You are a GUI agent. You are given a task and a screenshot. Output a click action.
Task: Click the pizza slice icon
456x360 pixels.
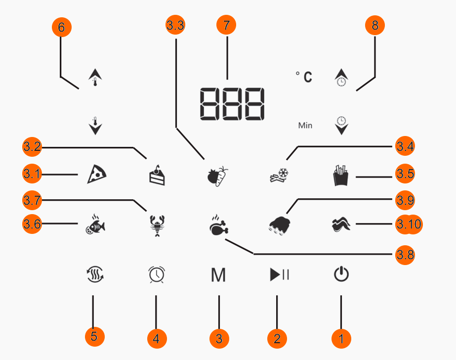tap(97, 174)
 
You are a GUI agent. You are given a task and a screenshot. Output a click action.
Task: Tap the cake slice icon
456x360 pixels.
tap(157, 175)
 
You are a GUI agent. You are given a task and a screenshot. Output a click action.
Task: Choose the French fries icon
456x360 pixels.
tap(340, 175)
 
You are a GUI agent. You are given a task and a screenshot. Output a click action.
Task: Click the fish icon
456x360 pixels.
tap(95, 225)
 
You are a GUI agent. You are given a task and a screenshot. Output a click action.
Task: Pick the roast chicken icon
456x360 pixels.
tap(219, 225)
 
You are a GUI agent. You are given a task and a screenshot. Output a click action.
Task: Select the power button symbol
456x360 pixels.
tap(341, 274)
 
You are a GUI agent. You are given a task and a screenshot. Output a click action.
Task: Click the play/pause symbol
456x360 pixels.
tap(279, 274)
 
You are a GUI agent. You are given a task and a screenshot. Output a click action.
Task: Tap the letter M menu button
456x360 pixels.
tap(218, 275)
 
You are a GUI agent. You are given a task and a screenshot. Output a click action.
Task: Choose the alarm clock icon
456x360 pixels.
tap(157, 274)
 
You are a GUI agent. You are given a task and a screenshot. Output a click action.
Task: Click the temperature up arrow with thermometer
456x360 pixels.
tap(95, 78)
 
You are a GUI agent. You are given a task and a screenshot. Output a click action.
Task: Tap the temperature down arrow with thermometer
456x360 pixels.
tap(95, 126)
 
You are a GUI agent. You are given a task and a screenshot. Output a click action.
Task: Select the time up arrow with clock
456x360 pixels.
tap(341, 78)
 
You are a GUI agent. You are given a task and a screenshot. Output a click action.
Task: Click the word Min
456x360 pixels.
tap(305, 126)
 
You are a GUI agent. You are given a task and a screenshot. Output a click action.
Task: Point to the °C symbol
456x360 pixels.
tap(304, 77)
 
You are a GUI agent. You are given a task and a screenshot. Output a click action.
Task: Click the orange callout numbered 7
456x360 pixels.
tap(226, 25)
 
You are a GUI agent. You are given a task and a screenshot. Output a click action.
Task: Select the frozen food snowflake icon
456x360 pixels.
tap(279, 175)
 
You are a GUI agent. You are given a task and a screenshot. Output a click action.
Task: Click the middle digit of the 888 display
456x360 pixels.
tap(232, 104)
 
